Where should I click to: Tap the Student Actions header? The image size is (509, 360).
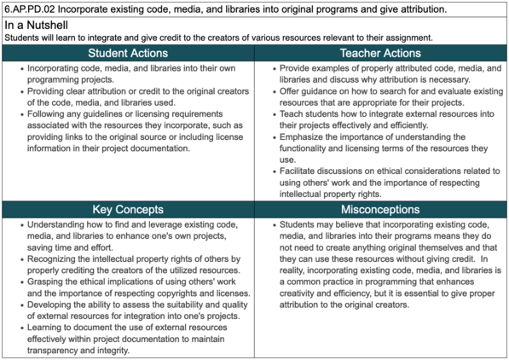click(128, 53)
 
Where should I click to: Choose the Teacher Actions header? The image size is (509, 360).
click(380, 53)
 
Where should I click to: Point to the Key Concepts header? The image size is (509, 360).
click(128, 210)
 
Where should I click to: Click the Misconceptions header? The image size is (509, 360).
click(380, 210)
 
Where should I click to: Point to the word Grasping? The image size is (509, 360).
click(49, 281)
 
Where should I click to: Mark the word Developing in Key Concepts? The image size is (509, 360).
click(53, 303)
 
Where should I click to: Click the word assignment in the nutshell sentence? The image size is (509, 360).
click(407, 38)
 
